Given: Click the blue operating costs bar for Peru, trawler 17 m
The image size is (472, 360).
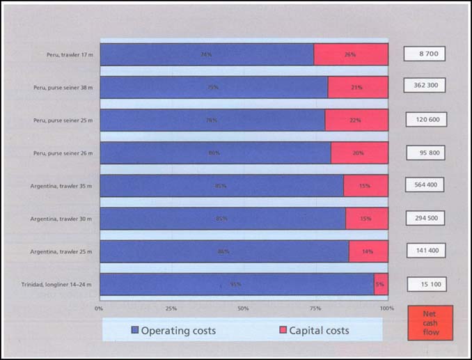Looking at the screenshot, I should tap(207, 54).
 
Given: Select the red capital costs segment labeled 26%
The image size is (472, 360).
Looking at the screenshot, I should tap(351, 54).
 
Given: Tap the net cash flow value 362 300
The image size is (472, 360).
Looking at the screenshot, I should tap(425, 86).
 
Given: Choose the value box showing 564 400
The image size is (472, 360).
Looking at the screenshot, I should tap(425, 185).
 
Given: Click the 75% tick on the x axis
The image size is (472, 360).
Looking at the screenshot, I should tap(315, 308).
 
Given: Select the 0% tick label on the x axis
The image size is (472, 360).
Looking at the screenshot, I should tap(99, 308).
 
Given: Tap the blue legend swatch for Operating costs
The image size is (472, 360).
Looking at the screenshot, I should tap(135, 330).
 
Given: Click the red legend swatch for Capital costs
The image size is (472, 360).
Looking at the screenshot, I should tap(283, 330).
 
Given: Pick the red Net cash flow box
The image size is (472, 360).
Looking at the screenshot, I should tap(430, 322).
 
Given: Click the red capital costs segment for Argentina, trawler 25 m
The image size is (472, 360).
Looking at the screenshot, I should tap(368, 251).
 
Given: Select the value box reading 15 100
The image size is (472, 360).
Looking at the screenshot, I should tap(425, 283).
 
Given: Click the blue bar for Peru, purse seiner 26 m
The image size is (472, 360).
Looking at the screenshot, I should tap(215, 153).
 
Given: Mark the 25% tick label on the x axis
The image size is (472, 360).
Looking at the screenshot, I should tap(171, 308).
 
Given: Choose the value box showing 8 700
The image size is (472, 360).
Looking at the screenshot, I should tap(425, 53).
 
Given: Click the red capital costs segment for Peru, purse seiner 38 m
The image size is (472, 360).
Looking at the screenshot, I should tap(358, 87).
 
